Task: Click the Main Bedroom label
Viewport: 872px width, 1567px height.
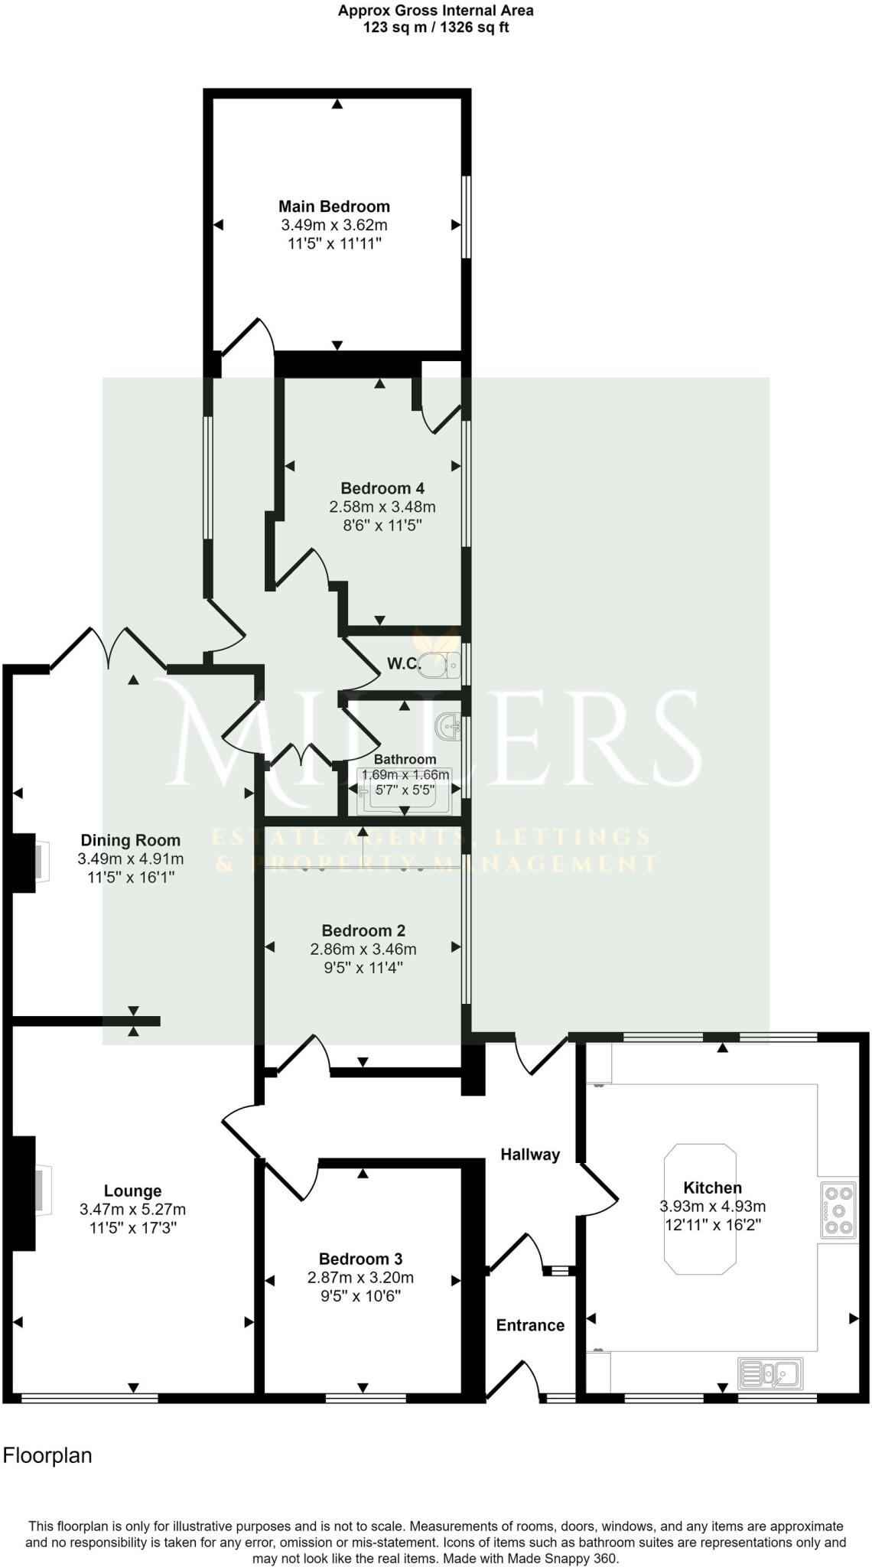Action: [334, 207]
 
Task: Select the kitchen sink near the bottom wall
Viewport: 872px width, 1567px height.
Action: [770, 1374]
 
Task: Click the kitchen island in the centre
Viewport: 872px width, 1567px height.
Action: [700, 1210]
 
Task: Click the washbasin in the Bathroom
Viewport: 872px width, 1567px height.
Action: [449, 725]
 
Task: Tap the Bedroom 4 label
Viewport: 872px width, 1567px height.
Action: [382, 488]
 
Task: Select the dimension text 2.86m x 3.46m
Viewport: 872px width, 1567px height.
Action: [363, 950]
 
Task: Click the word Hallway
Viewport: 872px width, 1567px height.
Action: [530, 1155]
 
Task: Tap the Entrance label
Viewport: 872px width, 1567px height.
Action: [530, 1325]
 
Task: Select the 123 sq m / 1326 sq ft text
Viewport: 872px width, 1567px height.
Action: [435, 28]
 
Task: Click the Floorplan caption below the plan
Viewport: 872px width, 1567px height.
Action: [47, 1455]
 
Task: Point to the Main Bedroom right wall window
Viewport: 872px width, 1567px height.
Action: [464, 217]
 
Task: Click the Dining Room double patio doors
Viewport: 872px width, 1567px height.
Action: [109, 649]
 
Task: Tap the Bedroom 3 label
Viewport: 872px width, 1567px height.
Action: [360, 1259]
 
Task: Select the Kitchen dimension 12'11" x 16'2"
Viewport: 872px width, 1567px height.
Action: [712, 1224]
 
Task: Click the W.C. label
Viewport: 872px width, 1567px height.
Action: [403, 664]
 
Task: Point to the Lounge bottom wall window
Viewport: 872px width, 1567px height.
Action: [89, 1398]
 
